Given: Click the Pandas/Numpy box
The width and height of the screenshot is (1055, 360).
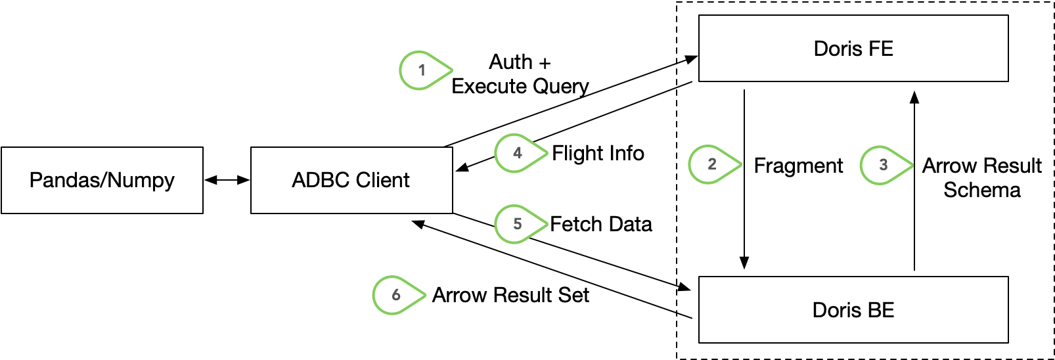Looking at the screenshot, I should [x=102, y=180].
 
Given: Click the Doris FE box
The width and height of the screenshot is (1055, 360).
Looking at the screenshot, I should [x=853, y=49].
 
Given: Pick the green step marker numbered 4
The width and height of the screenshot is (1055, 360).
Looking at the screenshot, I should [x=518, y=153].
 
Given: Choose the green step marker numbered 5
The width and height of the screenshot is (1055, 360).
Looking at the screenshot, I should [x=518, y=224].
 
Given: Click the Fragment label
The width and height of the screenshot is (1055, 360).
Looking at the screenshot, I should [x=798, y=166].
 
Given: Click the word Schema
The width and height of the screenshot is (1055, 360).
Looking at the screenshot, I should [x=981, y=191].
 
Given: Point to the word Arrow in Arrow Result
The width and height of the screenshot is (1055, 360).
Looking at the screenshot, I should [x=949, y=166].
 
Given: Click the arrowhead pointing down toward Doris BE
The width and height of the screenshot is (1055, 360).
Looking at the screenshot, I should [x=744, y=263].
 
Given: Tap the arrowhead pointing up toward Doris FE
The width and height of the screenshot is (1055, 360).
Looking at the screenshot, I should [x=914, y=98].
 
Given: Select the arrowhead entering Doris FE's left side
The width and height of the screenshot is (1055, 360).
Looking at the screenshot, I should [x=690, y=59].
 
